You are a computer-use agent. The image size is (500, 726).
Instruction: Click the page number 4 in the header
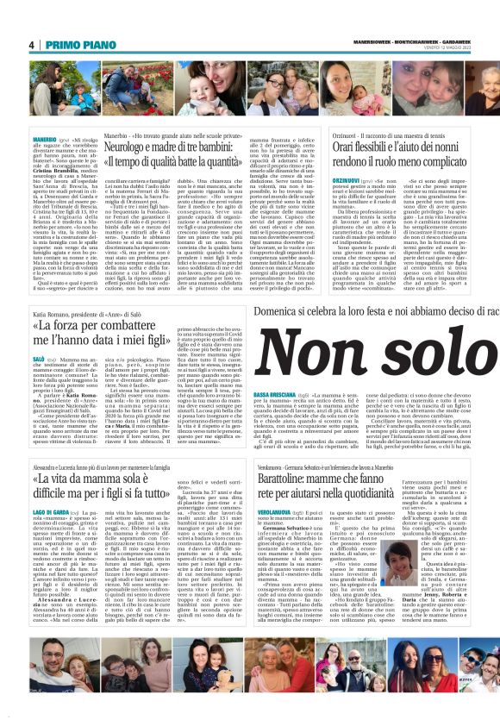[31, 44]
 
